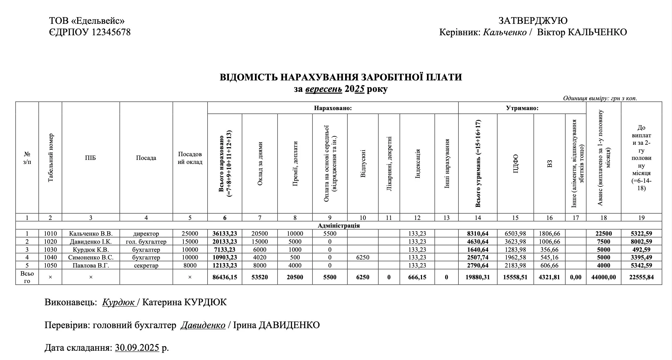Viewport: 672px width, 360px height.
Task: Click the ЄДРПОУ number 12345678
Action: pos(111,32)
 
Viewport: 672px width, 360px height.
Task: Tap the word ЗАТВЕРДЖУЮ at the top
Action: pos(533,21)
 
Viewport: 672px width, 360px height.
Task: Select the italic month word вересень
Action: pos(324,89)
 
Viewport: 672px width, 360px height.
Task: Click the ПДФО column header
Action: pos(515,164)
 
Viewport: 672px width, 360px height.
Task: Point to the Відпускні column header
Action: pos(363,164)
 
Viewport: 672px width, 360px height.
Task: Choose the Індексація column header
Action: pos(417,164)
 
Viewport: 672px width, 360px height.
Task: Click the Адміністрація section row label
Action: pos(338,225)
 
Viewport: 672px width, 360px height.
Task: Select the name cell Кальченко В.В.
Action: pos(91,234)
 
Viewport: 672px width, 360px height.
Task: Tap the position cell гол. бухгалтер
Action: pos(146,242)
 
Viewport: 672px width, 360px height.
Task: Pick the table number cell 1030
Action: pos(50,250)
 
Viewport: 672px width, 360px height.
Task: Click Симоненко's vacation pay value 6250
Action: pos(363,257)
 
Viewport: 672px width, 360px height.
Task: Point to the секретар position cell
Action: pos(146,265)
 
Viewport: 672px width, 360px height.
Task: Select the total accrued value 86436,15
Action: pos(225,277)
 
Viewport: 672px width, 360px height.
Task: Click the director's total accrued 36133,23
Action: pos(225,234)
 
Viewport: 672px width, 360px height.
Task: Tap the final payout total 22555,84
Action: pos(641,277)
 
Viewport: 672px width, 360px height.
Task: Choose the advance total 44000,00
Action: pos(603,277)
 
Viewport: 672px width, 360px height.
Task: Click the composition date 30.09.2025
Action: pos(137,348)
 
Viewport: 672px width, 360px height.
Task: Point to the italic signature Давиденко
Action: pos(203,325)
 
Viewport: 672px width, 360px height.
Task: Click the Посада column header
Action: pos(146,158)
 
